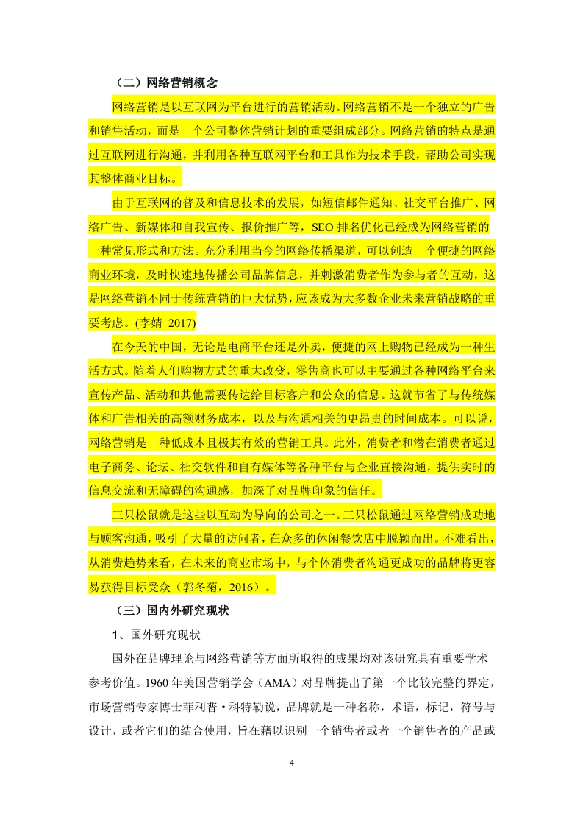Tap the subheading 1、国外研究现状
tap(151, 634)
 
